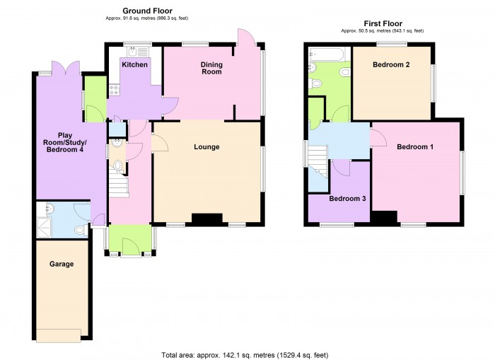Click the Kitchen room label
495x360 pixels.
[x=134, y=65]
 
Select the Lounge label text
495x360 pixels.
[x=206, y=148]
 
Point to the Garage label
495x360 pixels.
[x=62, y=264]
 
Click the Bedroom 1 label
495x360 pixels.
[x=415, y=147]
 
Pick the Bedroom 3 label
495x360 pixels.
[x=347, y=199]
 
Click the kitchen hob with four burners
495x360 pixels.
[x=113, y=90]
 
